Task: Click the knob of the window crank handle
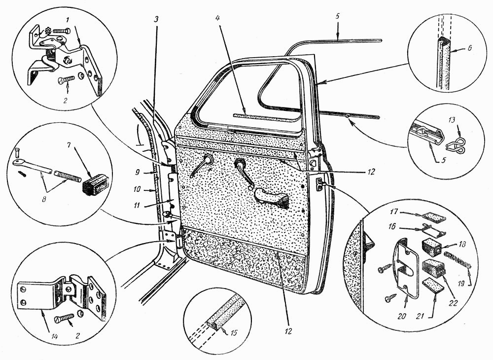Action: coord(252,187)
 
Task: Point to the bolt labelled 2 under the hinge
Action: coord(64,313)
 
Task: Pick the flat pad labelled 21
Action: coord(431,288)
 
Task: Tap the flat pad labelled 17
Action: coord(433,216)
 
